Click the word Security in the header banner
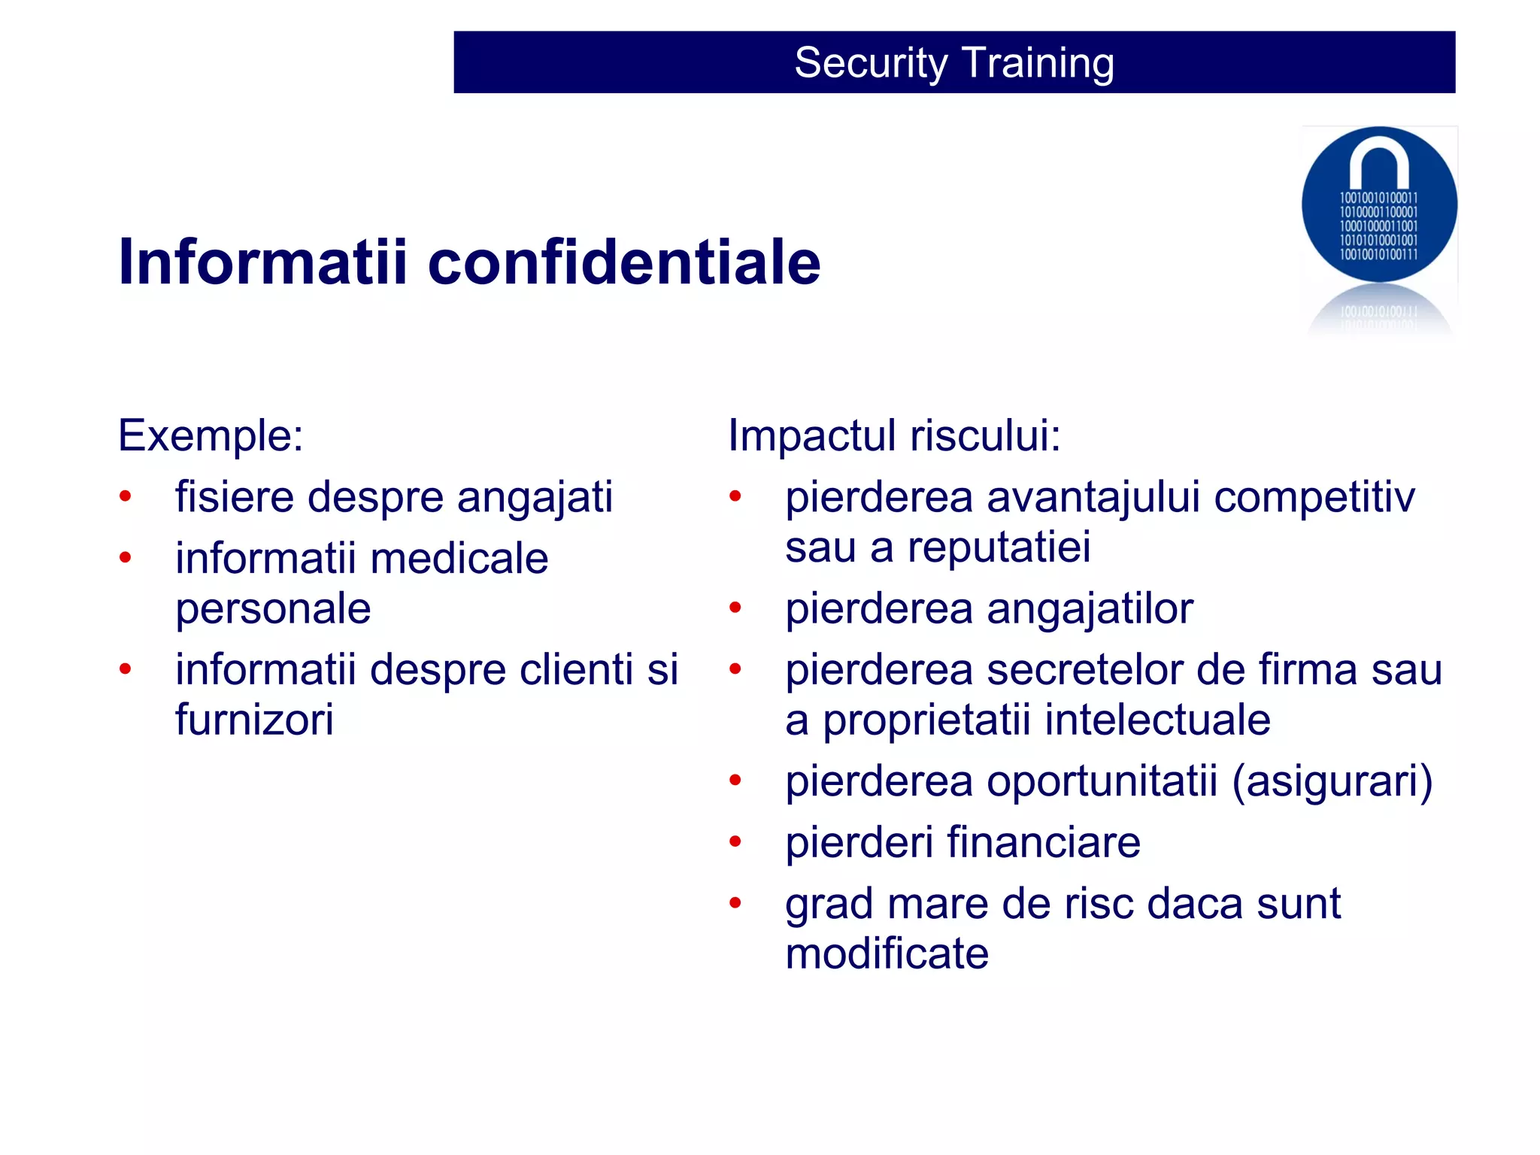[x=871, y=63]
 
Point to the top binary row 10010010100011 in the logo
[x=1378, y=199]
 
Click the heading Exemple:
[x=211, y=435]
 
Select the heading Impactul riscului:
[x=894, y=435]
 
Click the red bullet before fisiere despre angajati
[x=126, y=496]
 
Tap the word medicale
[x=459, y=559]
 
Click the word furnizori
[x=254, y=720]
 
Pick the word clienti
[x=576, y=669]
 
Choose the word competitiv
[x=1314, y=498]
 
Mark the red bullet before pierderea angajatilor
[x=735, y=608]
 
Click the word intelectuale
[x=1157, y=720]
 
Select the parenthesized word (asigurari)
[x=1332, y=781]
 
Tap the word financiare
[x=1043, y=842]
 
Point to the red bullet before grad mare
[x=735, y=903]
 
